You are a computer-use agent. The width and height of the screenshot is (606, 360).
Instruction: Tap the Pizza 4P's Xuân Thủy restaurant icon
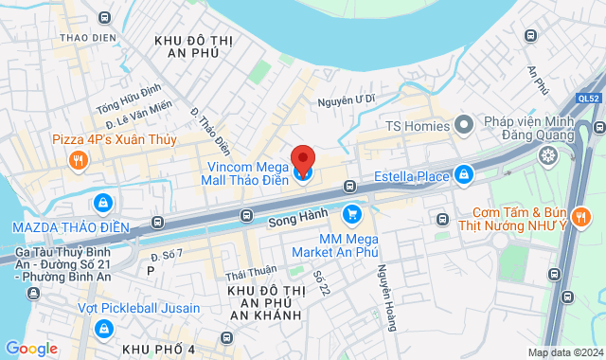(x=78, y=159)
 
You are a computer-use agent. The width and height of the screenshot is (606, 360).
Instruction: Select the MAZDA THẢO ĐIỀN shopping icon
(x=102, y=203)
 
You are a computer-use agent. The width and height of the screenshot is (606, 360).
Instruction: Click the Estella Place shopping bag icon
(x=464, y=174)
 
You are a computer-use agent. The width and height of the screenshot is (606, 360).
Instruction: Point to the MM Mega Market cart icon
(x=351, y=214)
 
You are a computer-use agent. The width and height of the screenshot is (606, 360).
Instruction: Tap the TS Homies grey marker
(x=464, y=124)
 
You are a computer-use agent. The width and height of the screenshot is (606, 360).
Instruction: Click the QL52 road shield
(x=587, y=97)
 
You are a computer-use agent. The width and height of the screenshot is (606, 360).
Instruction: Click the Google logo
(x=31, y=349)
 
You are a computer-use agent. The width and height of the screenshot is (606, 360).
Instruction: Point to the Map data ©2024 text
(x=564, y=353)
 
